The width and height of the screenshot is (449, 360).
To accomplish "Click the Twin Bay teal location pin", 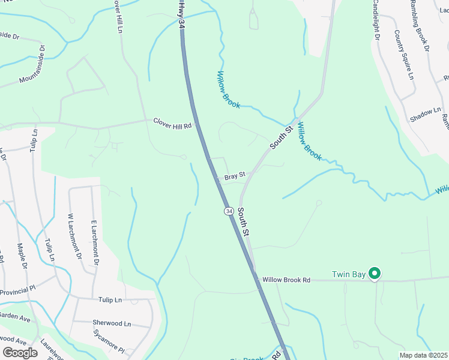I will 375,274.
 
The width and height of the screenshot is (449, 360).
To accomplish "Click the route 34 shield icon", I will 229,211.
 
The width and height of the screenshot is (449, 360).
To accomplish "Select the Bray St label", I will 235,176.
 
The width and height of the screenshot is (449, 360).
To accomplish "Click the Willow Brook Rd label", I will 286,280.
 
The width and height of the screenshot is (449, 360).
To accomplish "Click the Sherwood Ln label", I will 112,323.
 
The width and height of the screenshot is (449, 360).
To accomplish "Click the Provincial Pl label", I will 18,292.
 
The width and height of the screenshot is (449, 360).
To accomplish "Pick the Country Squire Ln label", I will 403,55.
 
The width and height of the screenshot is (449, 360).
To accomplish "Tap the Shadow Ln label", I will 425,115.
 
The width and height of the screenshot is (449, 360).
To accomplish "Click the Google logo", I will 20,352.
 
